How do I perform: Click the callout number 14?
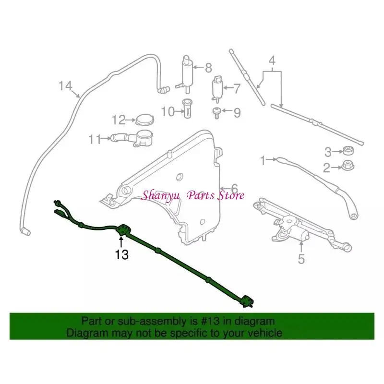tap(65, 86)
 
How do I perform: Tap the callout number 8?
tap(208, 68)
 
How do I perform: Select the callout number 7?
tap(236, 88)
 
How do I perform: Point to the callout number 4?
tap(272, 61)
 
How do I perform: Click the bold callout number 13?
tap(122, 254)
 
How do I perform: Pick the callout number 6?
tap(234, 188)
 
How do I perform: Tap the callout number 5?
tap(301, 260)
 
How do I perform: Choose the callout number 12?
tap(119, 120)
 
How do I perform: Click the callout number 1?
tap(263, 160)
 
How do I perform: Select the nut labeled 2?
tap(347, 167)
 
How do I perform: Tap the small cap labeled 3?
tap(347, 151)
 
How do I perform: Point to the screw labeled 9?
tap(216, 113)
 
